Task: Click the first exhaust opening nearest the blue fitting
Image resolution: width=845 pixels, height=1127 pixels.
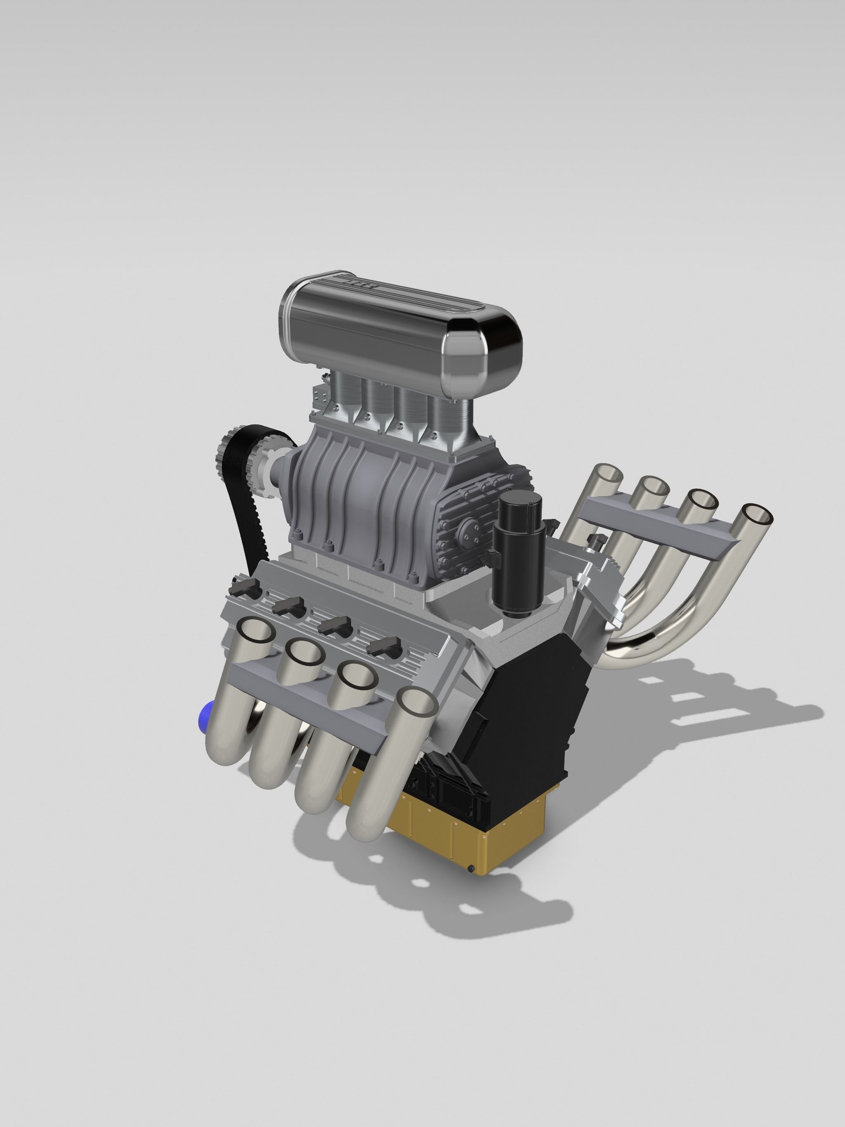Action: coord(256,632)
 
